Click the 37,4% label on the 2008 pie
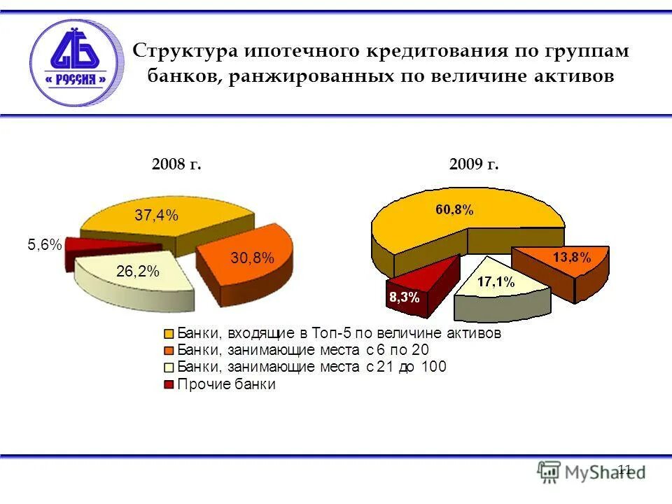157,216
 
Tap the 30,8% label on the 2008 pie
253,258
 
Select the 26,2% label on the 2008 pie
138,272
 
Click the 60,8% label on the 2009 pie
455,209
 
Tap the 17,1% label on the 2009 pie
496,283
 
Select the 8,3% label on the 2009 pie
404,297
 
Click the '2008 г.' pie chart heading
176,165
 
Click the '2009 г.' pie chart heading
474,165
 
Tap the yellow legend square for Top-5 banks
168,334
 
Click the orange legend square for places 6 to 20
168,351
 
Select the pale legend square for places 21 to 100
168,367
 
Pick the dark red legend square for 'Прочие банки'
168,384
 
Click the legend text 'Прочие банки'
227,384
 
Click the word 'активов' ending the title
573,76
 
